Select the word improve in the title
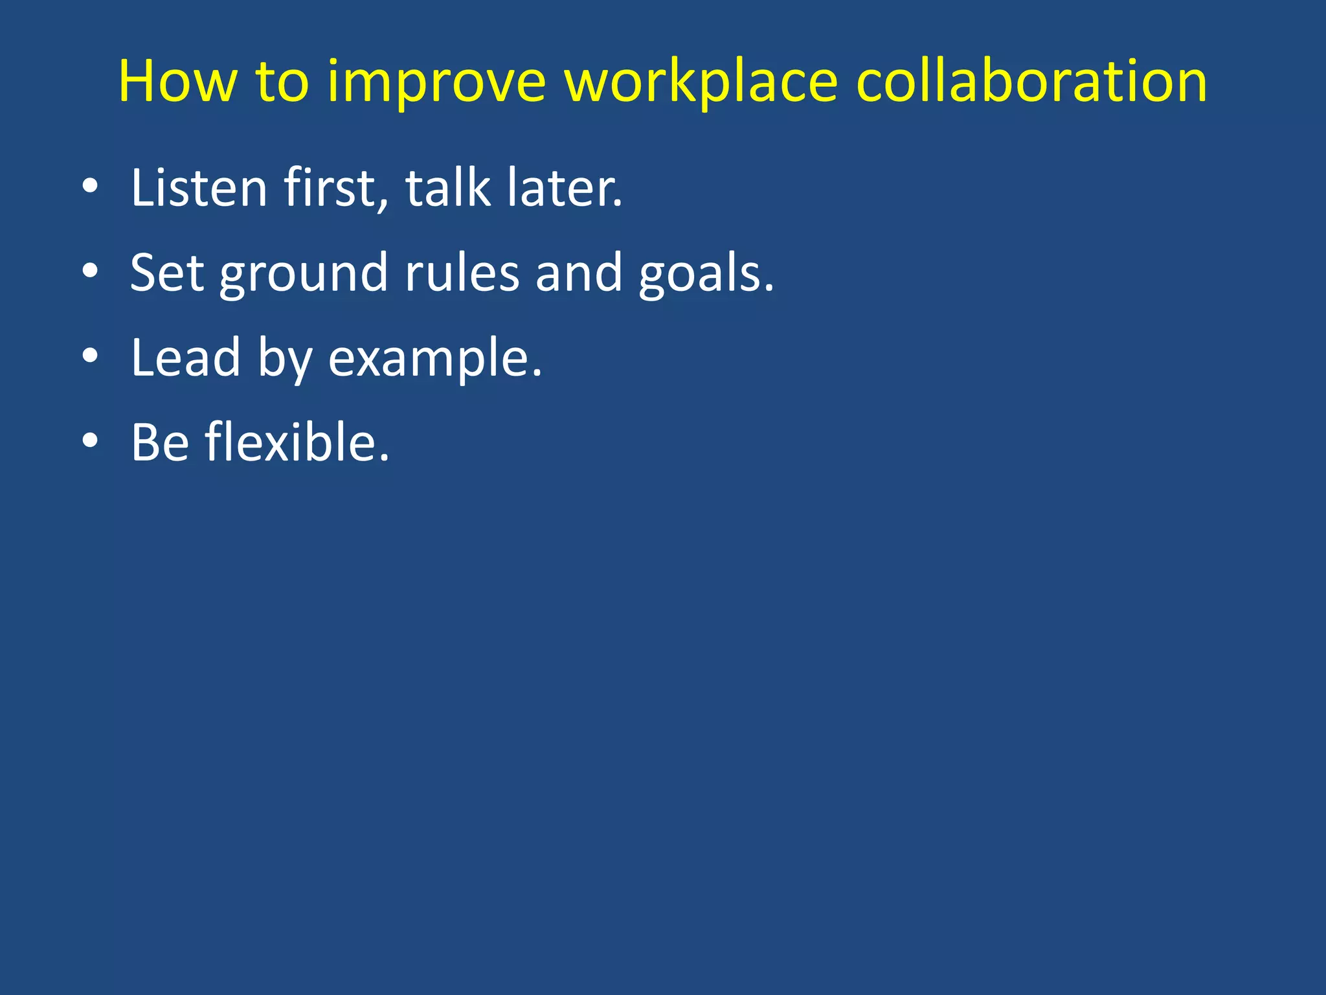coord(437,83)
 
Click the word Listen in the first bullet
coord(199,187)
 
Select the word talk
coord(447,187)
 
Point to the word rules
coord(462,273)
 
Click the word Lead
coord(186,357)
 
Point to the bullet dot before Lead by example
coord(90,356)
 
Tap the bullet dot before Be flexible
coord(90,441)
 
